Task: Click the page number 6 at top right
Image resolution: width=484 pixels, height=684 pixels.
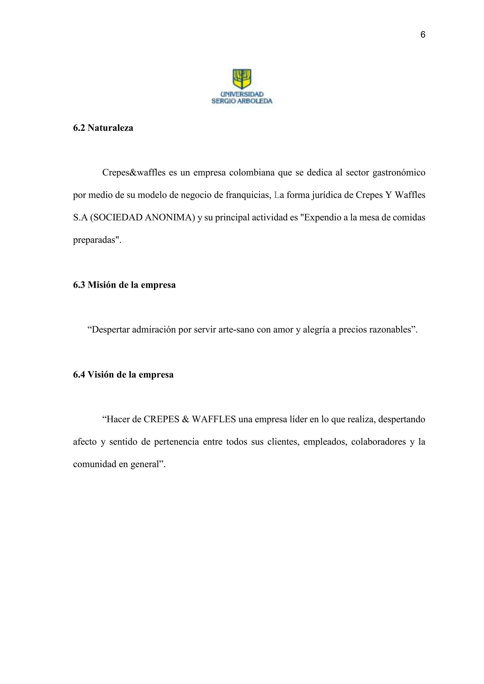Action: (x=423, y=35)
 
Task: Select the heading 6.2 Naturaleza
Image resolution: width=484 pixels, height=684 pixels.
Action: (x=103, y=128)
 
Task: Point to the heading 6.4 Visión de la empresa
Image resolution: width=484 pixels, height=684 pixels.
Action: (x=123, y=374)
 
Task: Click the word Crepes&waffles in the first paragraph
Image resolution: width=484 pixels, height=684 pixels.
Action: (x=134, y=173)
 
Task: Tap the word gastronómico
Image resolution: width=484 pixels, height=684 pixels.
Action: (x=399, y=173)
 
